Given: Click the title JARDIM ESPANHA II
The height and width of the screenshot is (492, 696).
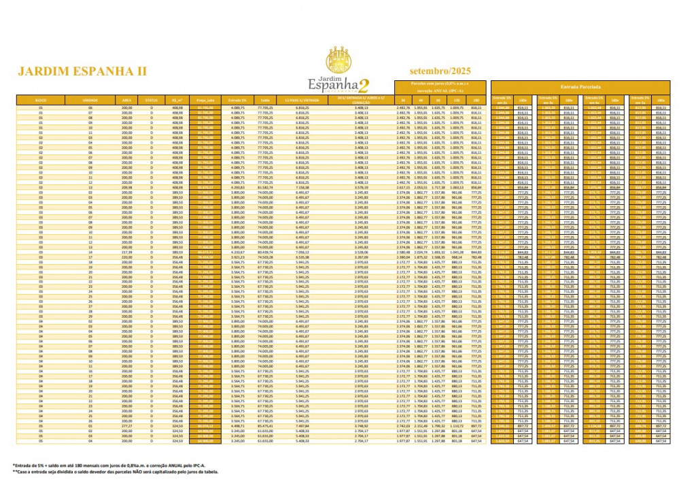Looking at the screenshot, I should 82,71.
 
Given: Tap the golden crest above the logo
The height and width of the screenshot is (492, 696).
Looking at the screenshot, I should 337,60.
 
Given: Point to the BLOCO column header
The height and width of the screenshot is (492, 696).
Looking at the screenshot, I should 40,100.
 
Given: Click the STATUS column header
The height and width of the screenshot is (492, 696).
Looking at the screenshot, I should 151,100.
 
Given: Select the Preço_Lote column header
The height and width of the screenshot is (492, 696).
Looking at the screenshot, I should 205,100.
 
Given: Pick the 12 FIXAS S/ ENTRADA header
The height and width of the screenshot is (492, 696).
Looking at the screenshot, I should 303,100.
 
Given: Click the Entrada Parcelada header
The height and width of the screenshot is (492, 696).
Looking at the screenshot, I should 580,87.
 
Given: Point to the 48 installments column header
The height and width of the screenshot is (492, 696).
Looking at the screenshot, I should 421,100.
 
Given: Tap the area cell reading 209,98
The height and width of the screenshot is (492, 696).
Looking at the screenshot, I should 126,188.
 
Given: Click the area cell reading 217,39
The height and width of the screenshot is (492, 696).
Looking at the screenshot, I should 126,252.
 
